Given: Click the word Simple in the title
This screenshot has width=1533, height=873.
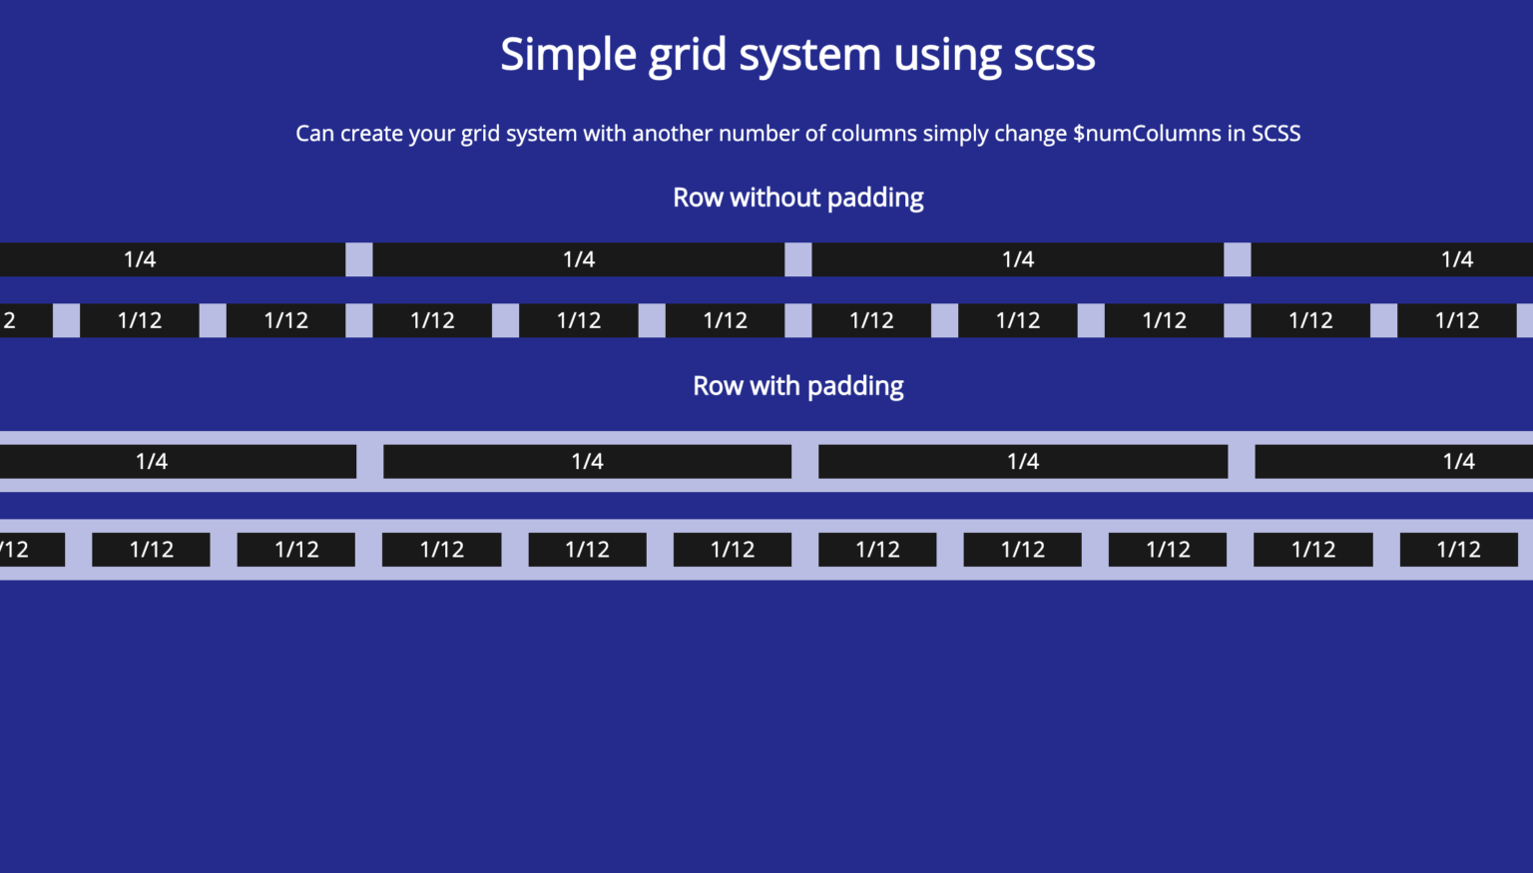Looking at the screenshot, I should click(x=568, y=55).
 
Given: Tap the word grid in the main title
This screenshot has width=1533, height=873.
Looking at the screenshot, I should click(x=687, y=55).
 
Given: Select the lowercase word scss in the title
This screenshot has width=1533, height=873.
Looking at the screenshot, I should click(x=1054, y=55).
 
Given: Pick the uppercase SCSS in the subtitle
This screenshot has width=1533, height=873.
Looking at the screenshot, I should click(x=1276, y=134).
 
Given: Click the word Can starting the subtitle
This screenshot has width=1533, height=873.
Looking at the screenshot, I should click(x=314, y=134).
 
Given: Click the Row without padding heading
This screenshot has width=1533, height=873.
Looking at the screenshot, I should click(x=797, y=198).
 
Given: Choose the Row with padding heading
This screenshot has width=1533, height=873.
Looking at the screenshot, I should click(x=797, y=386).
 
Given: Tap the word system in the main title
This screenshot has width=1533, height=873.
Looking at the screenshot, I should click(x=809, y=55).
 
